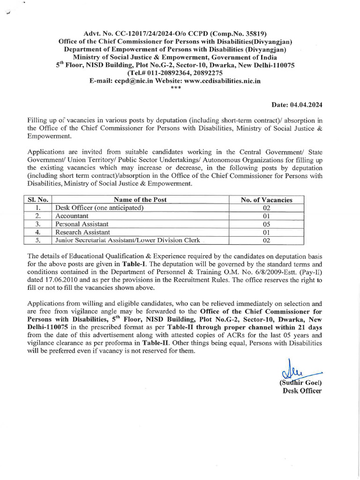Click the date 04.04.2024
click(x=308, y=105)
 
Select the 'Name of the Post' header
click(x=140, y=200)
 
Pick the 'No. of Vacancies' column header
click(x=266, y=200)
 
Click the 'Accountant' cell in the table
click(x=72, y=216)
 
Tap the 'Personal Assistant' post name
click(x=82, y=224)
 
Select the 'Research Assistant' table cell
click(x=82, y=232)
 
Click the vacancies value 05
click(x=266, y=224)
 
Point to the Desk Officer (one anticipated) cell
click(x=99, y=208)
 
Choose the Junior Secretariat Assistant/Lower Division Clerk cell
click(x=127, y=240)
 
